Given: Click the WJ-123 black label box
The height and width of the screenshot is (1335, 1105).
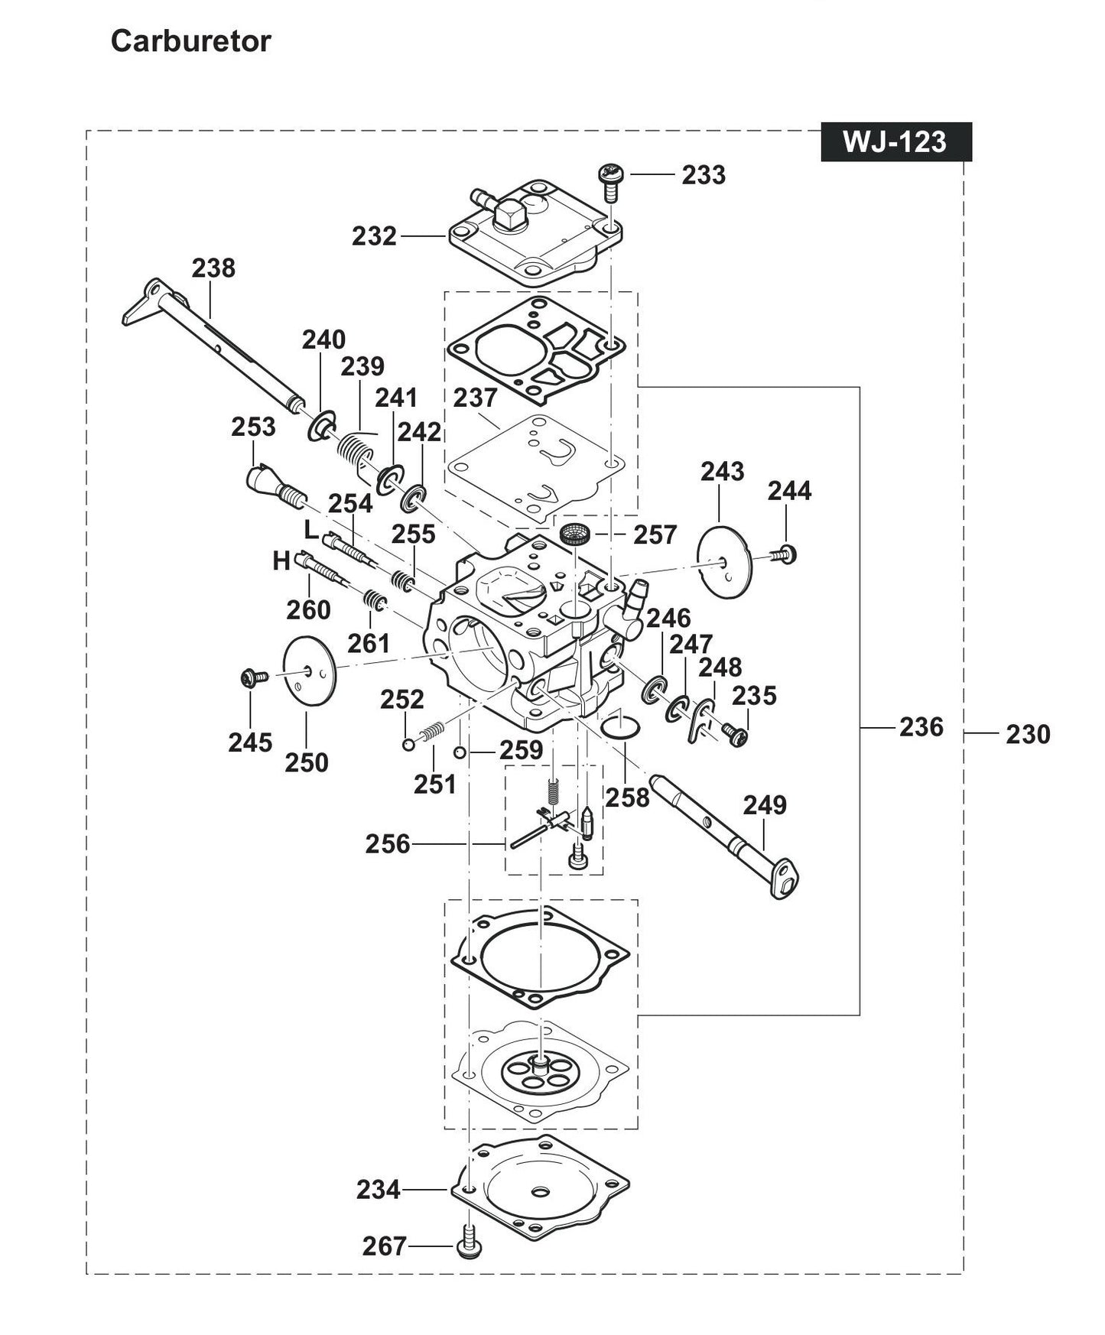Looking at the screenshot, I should [895, 142].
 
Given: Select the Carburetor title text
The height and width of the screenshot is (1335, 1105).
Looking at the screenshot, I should [190, 41].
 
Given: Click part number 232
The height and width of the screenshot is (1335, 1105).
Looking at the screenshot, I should [374, 236].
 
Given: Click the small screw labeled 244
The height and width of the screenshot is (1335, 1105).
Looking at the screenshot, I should [785, 554].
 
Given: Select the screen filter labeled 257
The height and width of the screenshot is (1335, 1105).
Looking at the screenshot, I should [574, 533].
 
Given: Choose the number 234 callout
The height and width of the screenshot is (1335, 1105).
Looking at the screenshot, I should [378, 1190].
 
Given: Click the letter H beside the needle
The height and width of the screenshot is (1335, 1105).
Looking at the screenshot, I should [282, 561].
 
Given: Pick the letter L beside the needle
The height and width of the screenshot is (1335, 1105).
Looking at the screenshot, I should [310, 528].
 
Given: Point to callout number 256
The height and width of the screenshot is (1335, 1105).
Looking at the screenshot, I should [388, 844].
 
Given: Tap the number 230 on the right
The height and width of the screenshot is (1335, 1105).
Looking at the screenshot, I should [1028, 734].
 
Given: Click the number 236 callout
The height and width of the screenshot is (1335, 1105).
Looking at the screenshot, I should [921, 727].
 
